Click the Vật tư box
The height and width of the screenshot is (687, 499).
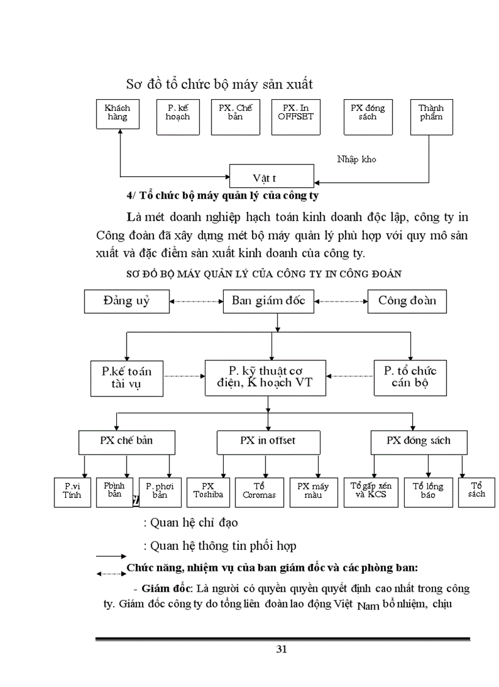pos(272,177)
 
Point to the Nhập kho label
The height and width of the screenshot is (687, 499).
pos(357,160)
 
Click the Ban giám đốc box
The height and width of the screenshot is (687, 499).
pos(272,301)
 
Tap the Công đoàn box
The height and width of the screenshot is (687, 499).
pos(406,301)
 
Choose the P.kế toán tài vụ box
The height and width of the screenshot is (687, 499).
pos(127,377)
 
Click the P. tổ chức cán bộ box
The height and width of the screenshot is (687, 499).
pos(410,377)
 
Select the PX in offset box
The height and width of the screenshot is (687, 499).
pos(267,441)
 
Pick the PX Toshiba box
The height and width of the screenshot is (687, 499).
pos(208,491)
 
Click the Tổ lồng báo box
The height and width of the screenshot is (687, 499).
pos(428,491)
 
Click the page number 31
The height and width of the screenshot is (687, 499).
pos(282,650)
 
